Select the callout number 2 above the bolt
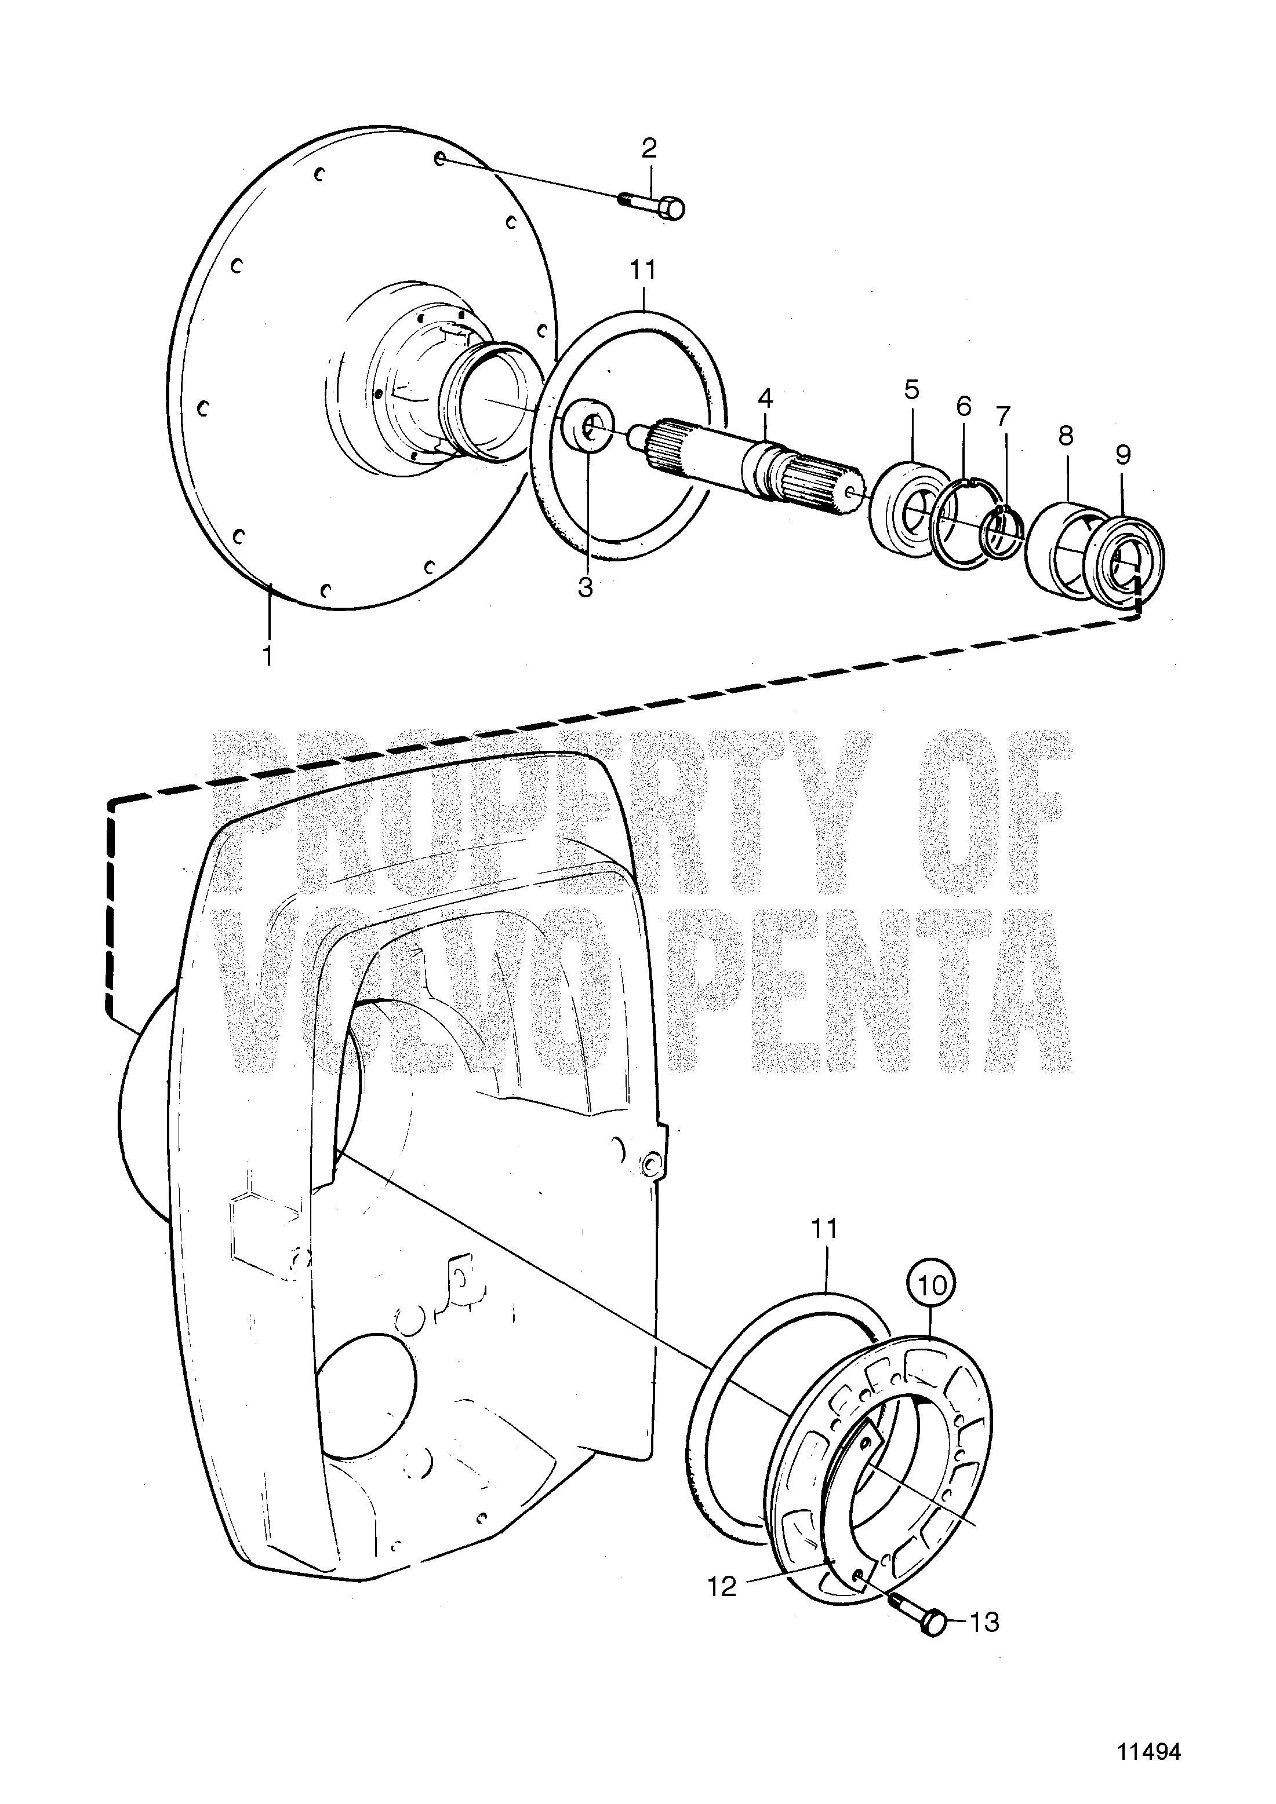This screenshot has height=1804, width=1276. click(x=649, y=148)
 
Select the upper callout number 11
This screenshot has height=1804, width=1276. click(x=642, y=269)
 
